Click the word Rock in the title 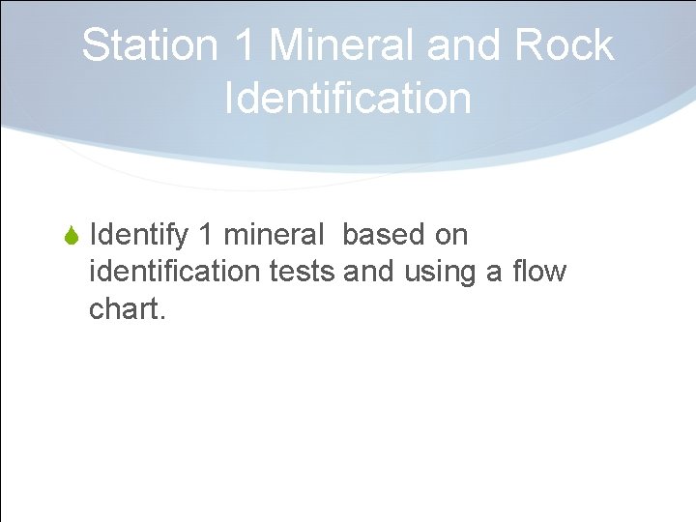565,45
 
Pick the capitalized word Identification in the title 347,98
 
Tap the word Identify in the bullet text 137,235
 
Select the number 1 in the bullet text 205,235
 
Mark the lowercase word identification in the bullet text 175,272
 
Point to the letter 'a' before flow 495,273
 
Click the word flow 539,272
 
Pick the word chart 123,309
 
